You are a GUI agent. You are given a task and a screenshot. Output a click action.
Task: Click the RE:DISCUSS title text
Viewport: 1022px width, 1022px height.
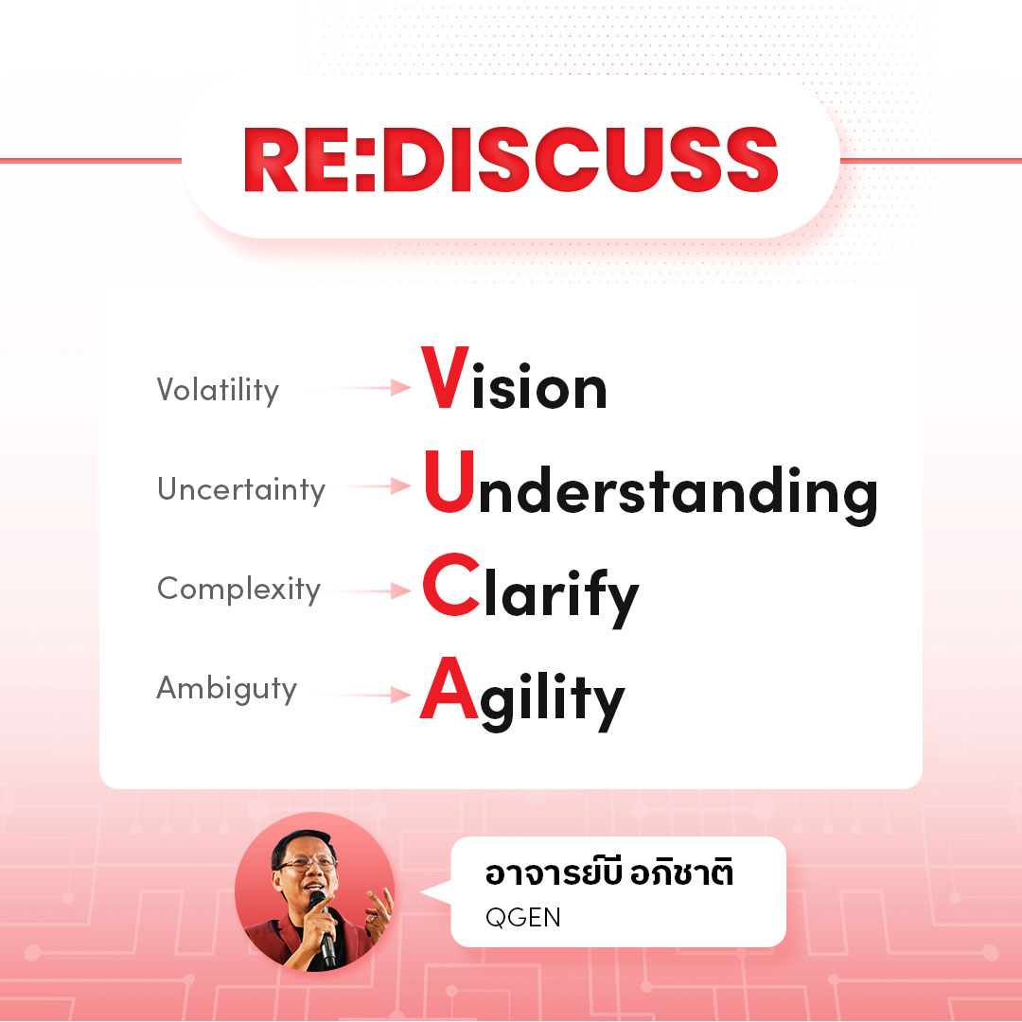pyautogui.click(x=511, y=160)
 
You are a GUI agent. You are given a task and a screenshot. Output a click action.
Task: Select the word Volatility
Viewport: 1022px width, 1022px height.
pyautogui.click(x=218, y=391)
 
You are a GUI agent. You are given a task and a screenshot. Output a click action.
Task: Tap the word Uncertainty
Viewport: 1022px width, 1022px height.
pyautogui.click(x=241, y=489)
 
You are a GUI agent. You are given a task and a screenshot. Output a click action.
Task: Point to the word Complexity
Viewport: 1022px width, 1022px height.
pyautogui.click(x=238, y=590)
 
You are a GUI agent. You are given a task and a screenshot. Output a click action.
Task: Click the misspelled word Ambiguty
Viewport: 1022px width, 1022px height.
pyautogui.click(x=227, y=690)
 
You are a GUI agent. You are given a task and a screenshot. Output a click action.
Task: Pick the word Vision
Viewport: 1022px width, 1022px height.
pyautogui.click(x=514, y=378)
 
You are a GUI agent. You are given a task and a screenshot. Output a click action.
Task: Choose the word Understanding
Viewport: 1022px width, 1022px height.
pyautogui.click(x=650, y=488)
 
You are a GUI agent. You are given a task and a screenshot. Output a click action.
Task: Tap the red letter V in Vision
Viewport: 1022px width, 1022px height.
pyautogui.click(x=445, y=378)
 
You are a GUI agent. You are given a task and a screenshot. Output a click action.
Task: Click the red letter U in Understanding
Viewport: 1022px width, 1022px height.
pyautogui.click(x=449, y=482)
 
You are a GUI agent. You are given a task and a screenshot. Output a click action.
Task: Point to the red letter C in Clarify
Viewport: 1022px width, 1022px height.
pyautogui.click(x=451, y=584)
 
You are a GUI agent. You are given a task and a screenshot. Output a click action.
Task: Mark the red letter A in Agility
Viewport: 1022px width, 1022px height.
pyautogui.click(x=449, y=688)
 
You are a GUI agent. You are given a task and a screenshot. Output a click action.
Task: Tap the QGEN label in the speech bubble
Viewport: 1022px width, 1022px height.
pyautogui.click(x=522, y=917)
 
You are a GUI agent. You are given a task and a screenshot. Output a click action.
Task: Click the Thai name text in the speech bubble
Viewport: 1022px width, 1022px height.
pyautogui.click(x=609, y=872)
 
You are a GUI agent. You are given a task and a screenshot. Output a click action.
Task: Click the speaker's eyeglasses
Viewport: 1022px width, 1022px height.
pyautogui.click(x=308, y=864)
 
